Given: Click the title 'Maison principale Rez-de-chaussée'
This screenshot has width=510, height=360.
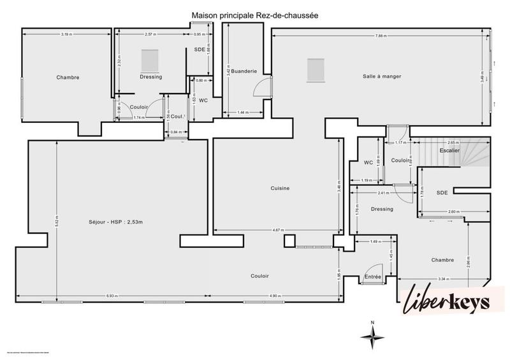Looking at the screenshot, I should [255, 13].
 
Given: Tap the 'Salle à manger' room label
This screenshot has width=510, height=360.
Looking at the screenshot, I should [382, 76].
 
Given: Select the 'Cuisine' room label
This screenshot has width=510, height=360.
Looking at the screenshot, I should [280, 188].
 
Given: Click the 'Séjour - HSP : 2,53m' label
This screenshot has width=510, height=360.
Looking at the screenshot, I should [115, 222].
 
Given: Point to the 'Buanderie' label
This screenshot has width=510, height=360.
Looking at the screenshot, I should [244, 71].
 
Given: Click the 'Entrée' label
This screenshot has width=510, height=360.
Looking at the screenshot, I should [372, 277].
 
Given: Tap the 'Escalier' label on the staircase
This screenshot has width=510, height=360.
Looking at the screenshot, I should [449, 150].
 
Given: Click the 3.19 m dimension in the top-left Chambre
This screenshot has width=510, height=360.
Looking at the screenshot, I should [66, 34].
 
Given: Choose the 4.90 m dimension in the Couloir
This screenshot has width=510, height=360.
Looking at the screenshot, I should [275, 296].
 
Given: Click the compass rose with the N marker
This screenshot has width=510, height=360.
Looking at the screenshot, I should [373, 333].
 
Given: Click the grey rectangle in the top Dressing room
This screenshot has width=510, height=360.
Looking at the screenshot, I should [150, 61].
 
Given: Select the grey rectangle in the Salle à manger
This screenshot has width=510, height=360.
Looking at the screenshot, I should [314, 69].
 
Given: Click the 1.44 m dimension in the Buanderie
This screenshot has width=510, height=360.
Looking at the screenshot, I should [242, 112].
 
